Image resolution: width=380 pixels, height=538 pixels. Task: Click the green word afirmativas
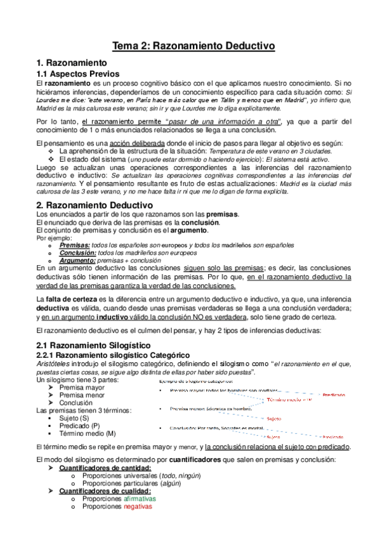(x=143, y=499)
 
